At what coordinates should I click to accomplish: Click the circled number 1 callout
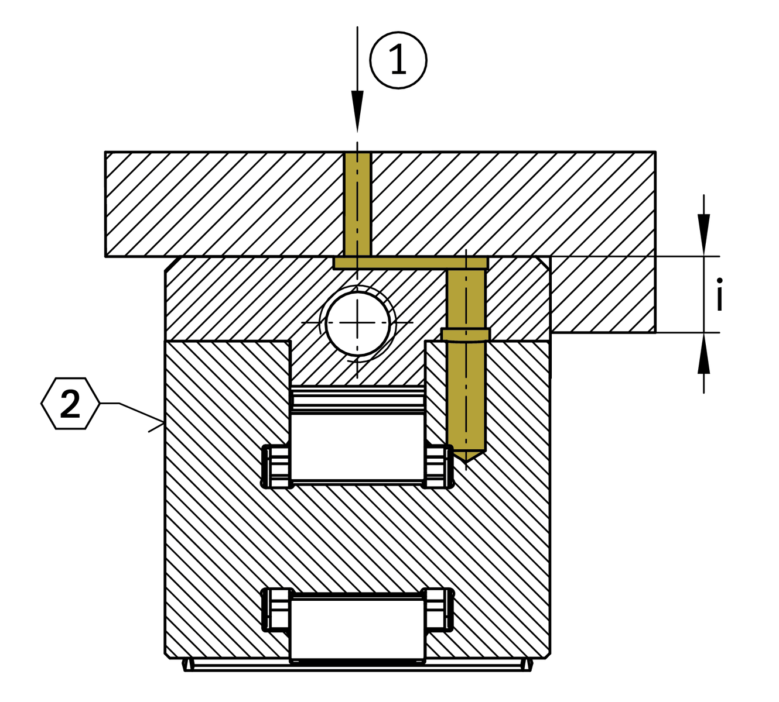coord(398,60)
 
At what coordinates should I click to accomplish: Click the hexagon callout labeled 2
coord(70,404)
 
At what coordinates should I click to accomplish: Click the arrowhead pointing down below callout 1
coord(357,111)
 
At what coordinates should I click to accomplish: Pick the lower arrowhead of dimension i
coord(704,356)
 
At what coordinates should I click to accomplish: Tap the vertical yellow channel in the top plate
coord(357,205)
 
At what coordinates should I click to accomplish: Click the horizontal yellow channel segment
coord(410,263)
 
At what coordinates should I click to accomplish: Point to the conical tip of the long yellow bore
coord(466,456)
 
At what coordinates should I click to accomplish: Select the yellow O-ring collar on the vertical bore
coord(465,334)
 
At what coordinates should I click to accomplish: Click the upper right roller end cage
coord(439,466)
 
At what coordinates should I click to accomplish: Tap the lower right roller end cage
coord(439,610)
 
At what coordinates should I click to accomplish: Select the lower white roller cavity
coord(357,626)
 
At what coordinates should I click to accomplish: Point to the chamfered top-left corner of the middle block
coord(171,264)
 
